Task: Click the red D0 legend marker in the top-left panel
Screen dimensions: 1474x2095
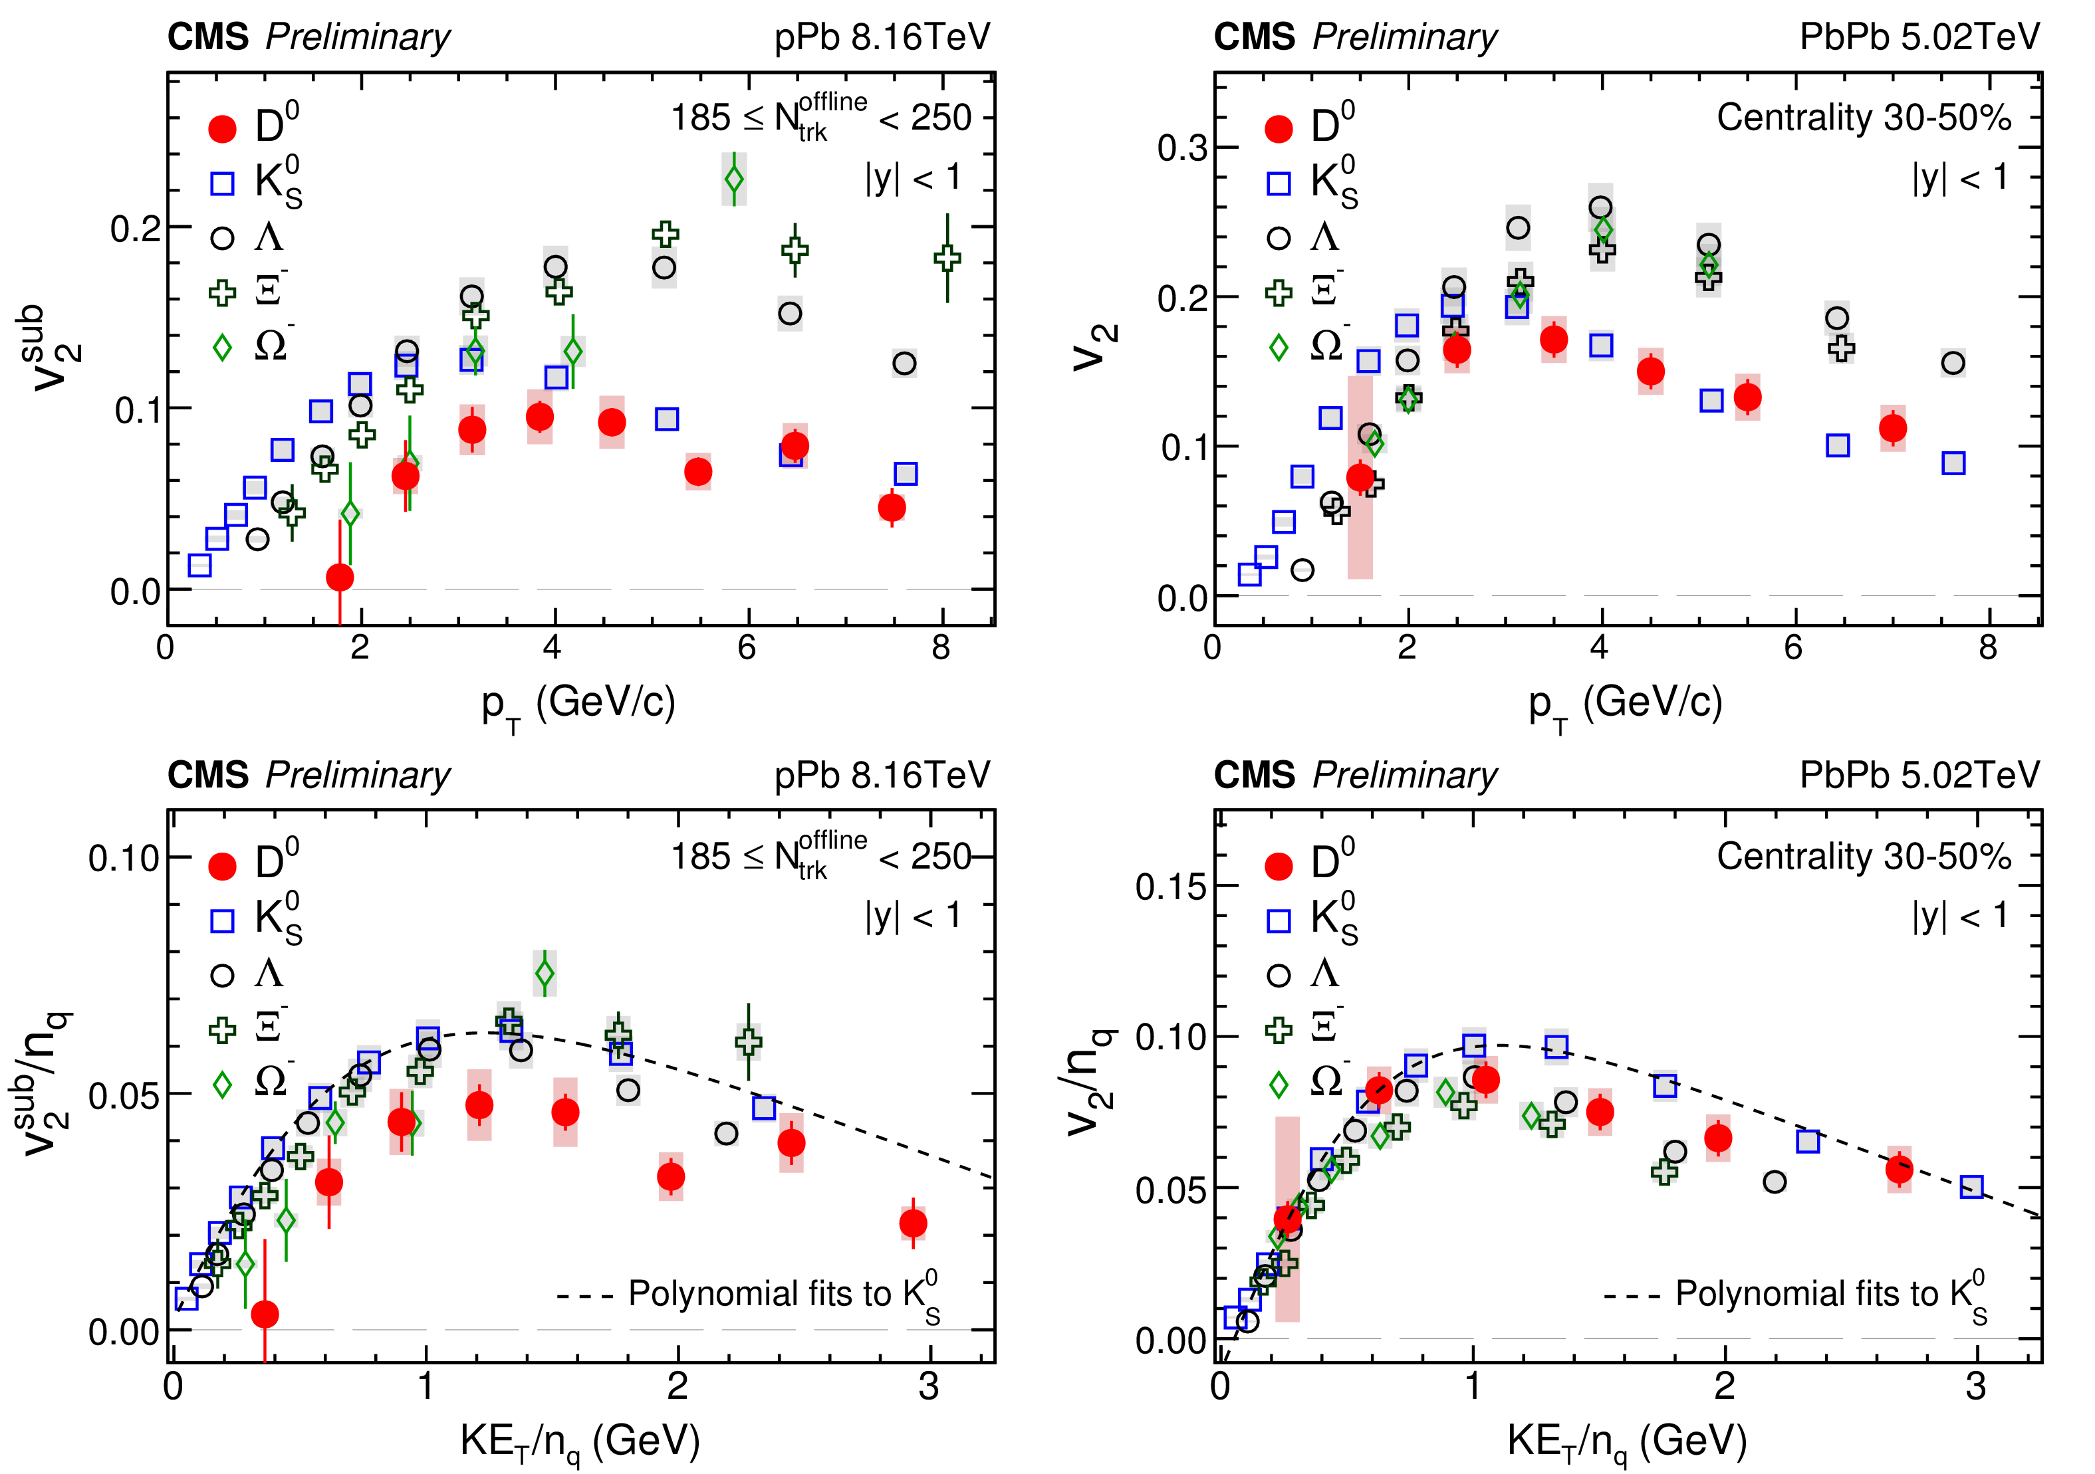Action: (223, 129)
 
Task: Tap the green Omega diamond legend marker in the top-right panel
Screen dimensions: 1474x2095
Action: (1279, 348)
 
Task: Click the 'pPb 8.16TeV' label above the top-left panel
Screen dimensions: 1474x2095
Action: (882, 37)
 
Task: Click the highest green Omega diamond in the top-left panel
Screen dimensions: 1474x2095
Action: (733, 179)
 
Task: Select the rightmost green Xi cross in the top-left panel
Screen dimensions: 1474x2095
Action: (947, 258)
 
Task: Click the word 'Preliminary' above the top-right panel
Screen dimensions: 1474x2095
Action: (1404, 37)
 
